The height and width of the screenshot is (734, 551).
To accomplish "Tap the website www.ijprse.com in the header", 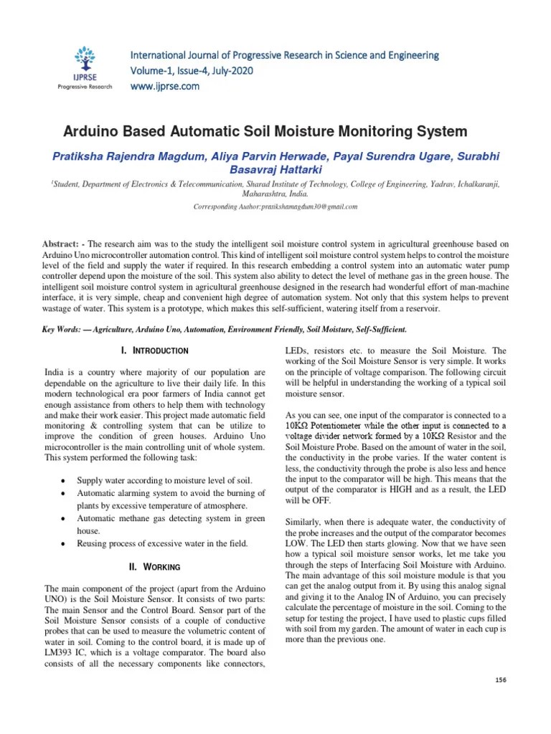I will pos(164,87).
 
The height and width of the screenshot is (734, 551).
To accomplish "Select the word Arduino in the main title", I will pos(90,132).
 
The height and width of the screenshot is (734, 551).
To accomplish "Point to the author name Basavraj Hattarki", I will pos(275,170).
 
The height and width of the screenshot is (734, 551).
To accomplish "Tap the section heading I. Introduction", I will pos(156,351).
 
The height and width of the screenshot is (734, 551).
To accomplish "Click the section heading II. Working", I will pos(156,567).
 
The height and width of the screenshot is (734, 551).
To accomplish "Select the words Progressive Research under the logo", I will pos(85,87).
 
